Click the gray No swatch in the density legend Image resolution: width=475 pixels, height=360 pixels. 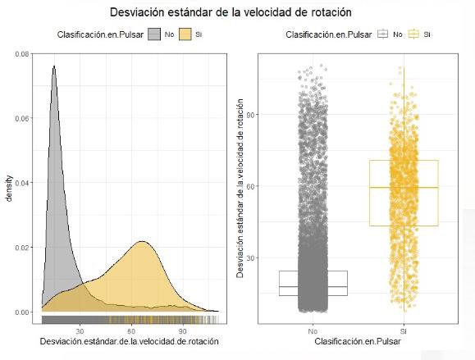pos(154,34)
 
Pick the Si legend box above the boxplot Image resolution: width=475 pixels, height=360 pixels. pos(413,34)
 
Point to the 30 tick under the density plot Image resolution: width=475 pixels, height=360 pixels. pos(80,330)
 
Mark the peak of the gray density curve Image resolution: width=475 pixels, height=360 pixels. pos(54,66)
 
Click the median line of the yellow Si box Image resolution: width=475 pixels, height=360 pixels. pos(403,188)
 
